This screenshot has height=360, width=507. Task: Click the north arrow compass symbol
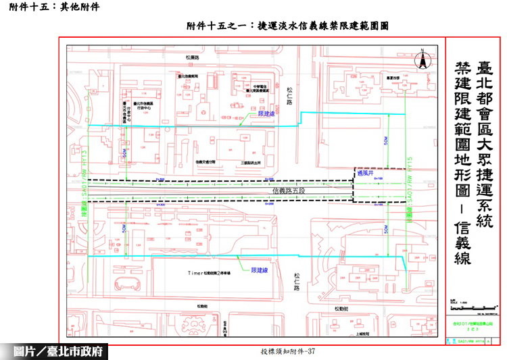[x=421, y=59]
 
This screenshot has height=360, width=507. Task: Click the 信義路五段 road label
[x=290, y=191]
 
